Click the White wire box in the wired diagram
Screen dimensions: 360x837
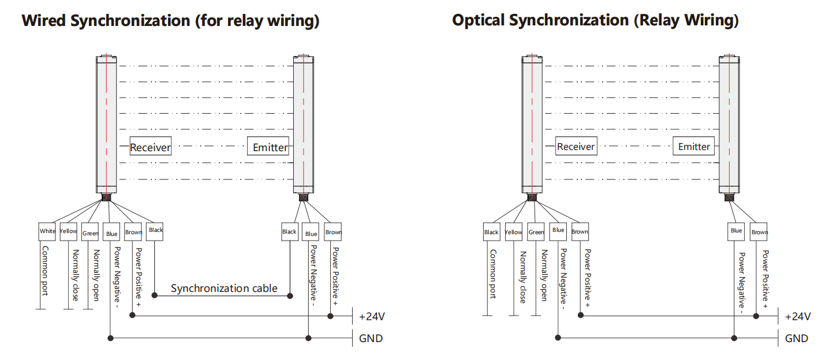[47, 231]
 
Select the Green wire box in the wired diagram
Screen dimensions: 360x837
[90, 232]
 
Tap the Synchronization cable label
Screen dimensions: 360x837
[224, 288]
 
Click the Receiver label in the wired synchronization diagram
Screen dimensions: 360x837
[150, 147]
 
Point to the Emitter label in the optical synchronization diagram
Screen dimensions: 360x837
[694, 146]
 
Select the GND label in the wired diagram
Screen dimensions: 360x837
[371, 338]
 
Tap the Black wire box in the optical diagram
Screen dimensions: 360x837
[491, 232]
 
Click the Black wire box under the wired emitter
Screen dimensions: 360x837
[289, 232]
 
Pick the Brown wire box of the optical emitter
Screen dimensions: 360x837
[760, 232]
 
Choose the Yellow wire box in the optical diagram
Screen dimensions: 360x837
[513, 232]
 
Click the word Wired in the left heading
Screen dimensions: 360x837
[44, 21]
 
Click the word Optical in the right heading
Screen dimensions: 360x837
[481, 20]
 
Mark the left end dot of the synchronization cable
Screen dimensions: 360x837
[155, 295]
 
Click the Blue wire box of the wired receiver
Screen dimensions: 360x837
[112, 233]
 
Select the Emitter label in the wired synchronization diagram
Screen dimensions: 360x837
[270, 147]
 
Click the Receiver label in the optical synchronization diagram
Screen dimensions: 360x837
[576, 147]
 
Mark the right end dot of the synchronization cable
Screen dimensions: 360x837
[290, 295]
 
